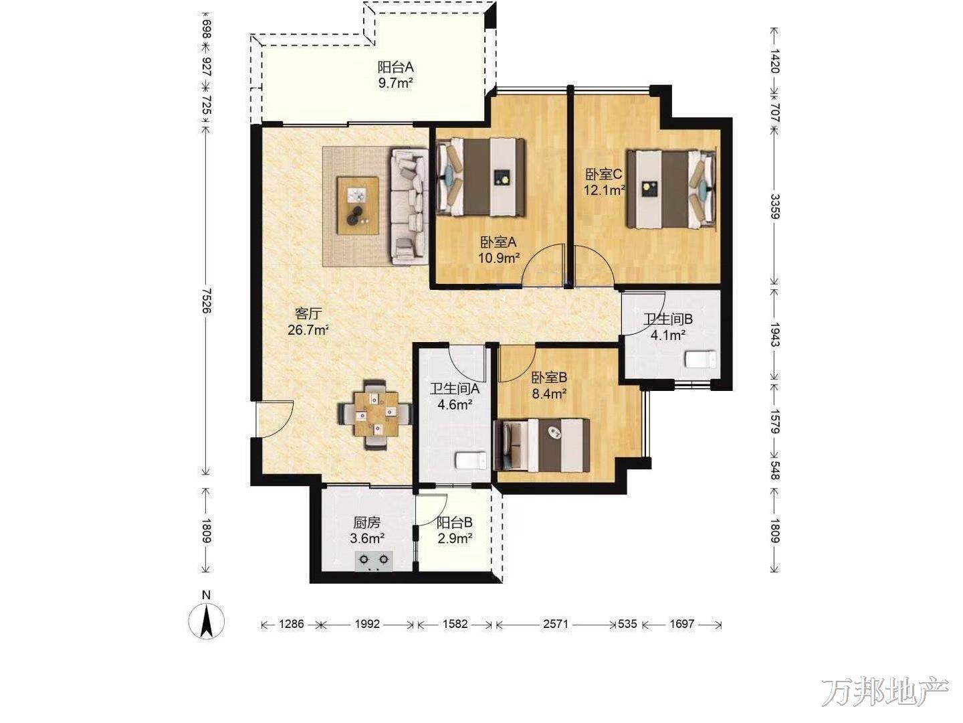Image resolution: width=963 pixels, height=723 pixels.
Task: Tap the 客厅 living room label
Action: [x=308, y=313]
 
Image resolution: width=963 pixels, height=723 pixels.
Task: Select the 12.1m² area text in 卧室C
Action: [x=604, y=190]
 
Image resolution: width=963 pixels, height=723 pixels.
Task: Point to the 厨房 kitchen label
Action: [x=366, y=523]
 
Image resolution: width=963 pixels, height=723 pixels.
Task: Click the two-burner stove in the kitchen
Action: [x=374, y=562]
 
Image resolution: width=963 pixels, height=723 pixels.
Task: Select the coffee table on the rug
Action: [x=358, y=206]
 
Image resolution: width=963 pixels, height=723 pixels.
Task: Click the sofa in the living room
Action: [x=409, y=207]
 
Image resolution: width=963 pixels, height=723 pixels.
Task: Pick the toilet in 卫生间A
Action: [x=471, y=460]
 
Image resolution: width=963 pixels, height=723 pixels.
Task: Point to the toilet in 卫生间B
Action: [x=702, y=359]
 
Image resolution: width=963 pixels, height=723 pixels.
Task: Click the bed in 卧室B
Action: [x=542, y=445]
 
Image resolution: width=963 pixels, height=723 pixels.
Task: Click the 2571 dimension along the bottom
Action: [x=556, y=624]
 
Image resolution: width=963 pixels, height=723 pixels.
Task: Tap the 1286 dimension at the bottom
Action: [x=291, y=624]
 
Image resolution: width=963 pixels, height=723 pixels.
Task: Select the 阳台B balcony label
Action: [x=455, y=522]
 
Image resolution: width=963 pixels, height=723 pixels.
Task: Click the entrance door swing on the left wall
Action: [x=274, y=419]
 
